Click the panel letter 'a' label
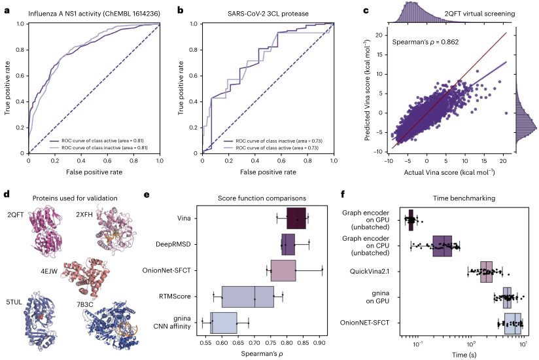click(x=6, y=9)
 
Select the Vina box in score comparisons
click(x=296, y=217)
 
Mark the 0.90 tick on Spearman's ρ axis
click(x=319, y=342)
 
